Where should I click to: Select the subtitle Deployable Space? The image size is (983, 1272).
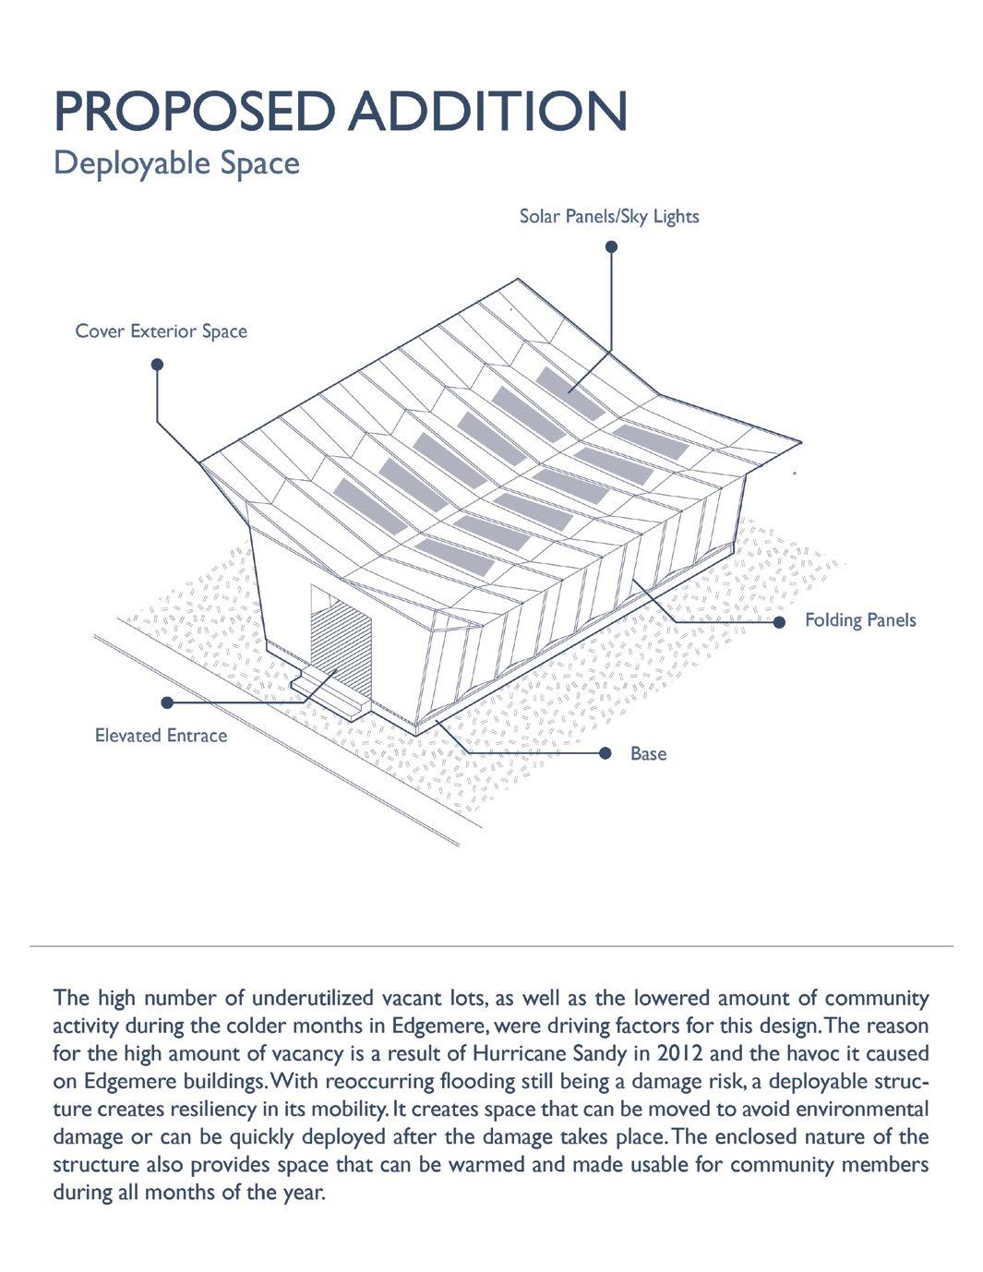[x=176, y=163]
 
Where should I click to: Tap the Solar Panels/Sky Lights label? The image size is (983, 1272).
[x=608, y=217]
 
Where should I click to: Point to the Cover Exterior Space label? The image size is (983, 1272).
[x=161, y=331]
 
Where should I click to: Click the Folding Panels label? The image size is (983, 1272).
[x=859, y=620]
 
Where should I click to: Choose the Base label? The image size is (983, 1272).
[x=648, y=754]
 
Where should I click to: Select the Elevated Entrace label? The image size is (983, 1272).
[x=161, y=736]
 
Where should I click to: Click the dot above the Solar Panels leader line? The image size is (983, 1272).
[x=611, y=246]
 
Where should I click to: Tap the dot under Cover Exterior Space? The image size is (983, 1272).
[x=157, y=365]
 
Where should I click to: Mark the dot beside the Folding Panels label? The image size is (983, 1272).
[x=779, y=622]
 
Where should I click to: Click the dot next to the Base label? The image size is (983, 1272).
[x=605, y=753]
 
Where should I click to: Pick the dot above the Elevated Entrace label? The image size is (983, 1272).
[x=167, y=702]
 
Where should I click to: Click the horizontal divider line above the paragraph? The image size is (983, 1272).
[x=491, y=946]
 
